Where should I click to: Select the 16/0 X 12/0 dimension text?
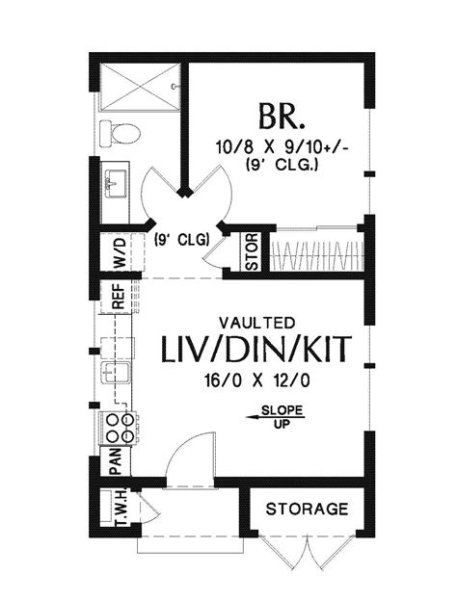pos(256,379)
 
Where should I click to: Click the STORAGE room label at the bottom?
pos(307,509)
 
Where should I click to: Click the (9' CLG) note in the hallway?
pos(181,242)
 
